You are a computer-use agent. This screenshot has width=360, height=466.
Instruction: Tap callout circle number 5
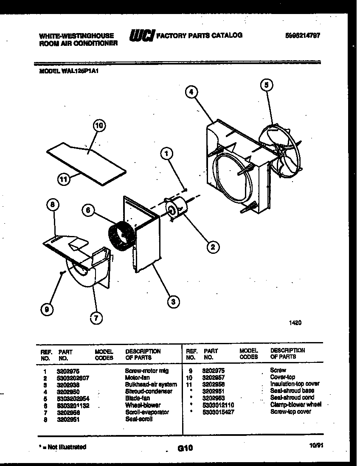coord(266,85)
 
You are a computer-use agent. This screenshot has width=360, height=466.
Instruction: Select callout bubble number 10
coord(99,126)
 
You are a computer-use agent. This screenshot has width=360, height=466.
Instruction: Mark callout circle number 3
coord(172,302)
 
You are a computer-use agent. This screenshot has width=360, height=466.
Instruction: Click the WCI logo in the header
coord(142,36)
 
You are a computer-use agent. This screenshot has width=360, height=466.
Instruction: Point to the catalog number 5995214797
coord(302,36)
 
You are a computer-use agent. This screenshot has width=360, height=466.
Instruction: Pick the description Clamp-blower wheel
coord(296,404)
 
